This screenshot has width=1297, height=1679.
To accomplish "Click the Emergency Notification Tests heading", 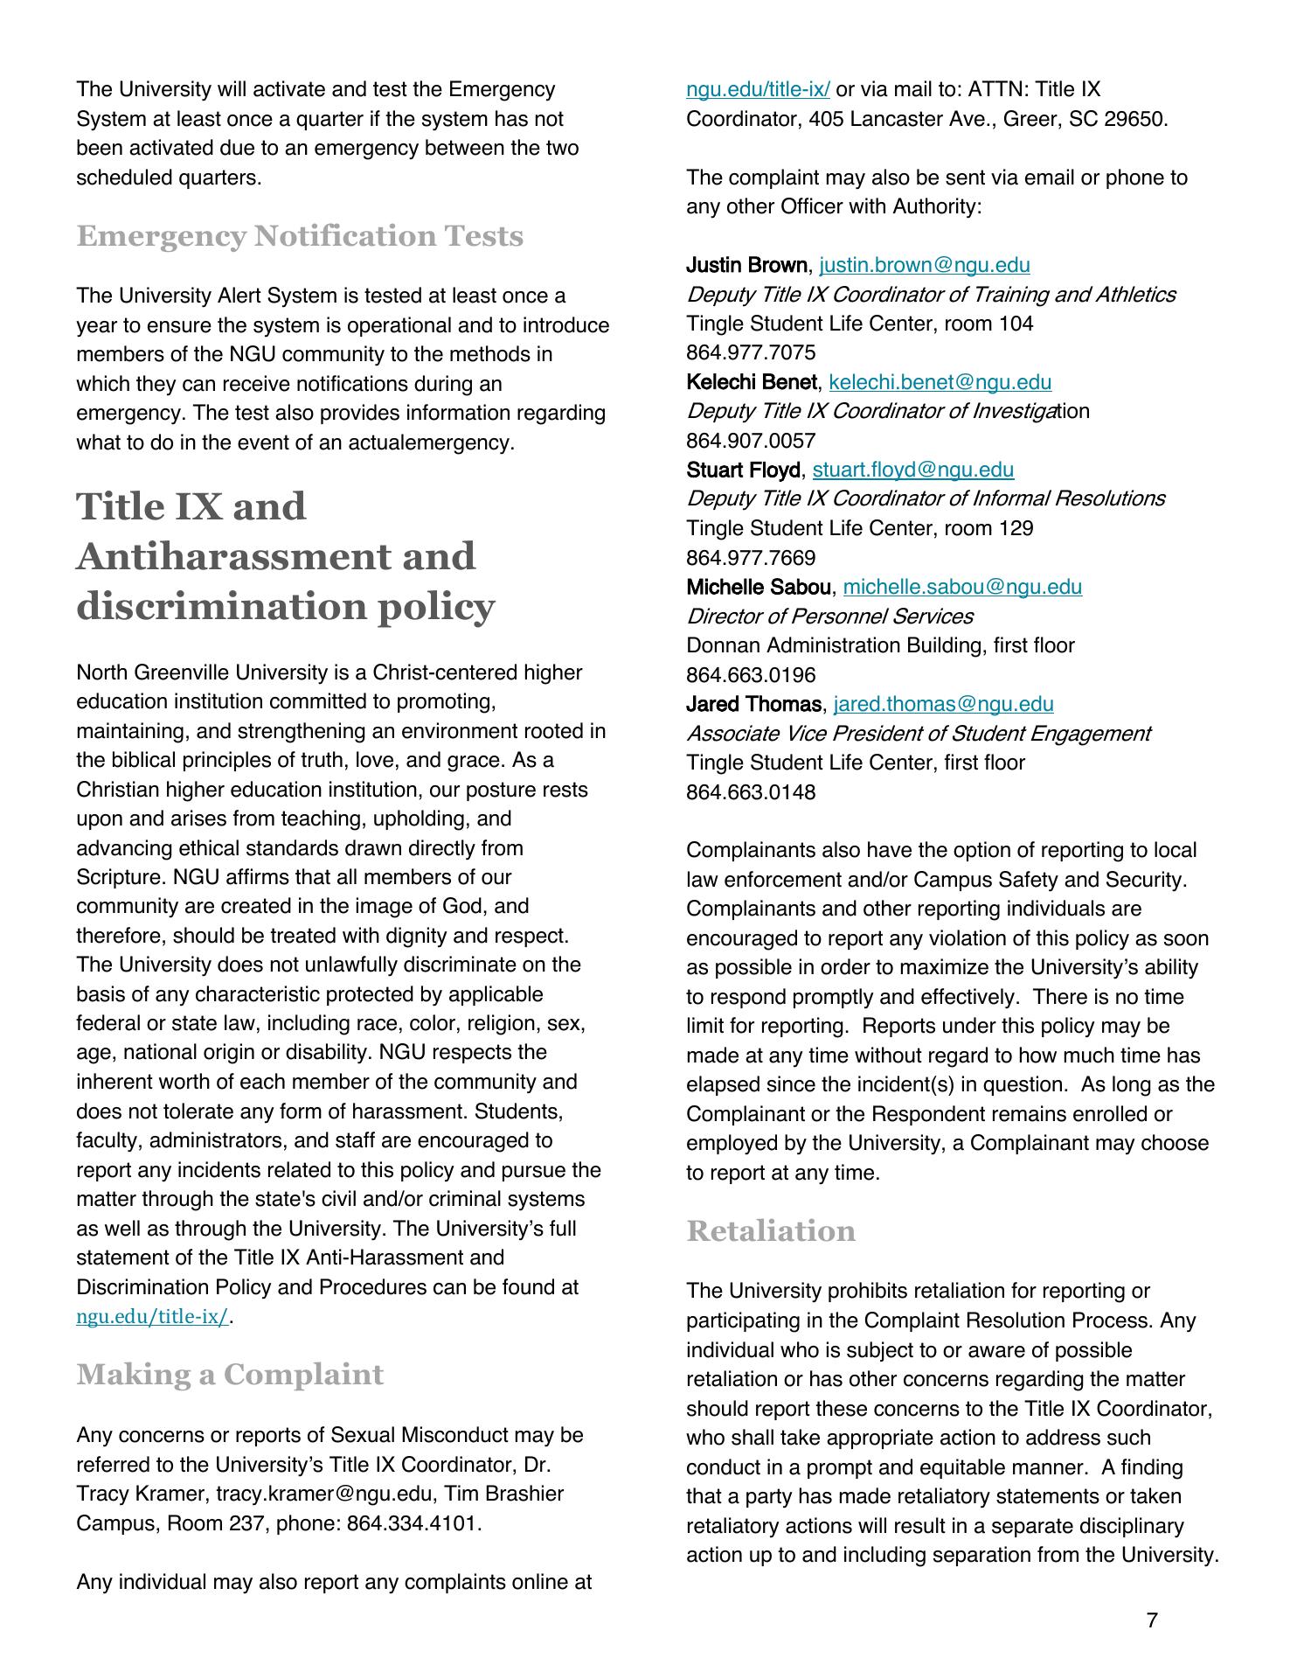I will point(300,236).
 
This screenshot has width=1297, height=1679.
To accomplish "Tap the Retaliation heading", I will point(771,1230).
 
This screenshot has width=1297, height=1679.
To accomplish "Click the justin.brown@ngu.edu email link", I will point(925,265).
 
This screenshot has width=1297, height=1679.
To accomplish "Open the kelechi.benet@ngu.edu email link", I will point(940,382).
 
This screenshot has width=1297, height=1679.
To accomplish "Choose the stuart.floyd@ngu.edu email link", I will point(913,470).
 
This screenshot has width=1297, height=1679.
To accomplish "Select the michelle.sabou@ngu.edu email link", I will point(962,587).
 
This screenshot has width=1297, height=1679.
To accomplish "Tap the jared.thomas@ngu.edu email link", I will point(944,704).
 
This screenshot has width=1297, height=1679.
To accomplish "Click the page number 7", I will point(1151,1620).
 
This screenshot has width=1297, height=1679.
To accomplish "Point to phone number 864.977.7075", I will point(751,352).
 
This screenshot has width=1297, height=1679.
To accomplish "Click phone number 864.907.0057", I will point(751,441).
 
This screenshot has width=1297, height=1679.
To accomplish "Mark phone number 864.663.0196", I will point(751,675).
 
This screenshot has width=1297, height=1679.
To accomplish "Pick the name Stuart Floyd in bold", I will point(743,470).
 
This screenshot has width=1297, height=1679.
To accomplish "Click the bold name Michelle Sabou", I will point(759,587).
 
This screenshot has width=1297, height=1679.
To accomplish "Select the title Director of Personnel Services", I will point(829,617).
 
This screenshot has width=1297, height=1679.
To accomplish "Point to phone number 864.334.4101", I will point(413,1523).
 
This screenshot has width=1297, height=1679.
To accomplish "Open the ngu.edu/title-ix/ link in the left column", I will point(152,1317).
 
